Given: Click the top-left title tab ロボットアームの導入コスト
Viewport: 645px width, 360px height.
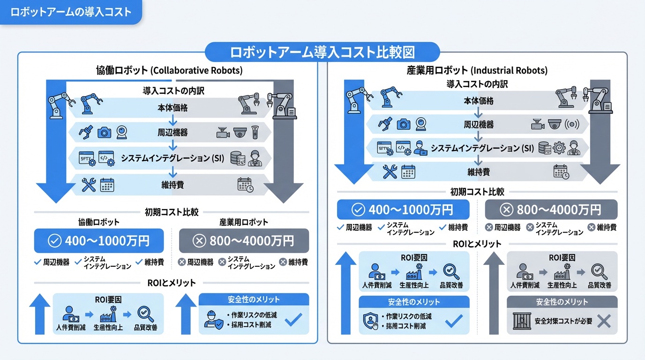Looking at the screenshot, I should pos(70,12).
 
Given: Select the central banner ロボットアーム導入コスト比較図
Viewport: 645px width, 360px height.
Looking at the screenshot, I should pos(322,52).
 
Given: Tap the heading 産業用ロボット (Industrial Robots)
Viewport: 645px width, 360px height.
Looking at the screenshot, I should pos(477,71).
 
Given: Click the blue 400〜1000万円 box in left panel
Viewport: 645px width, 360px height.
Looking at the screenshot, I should pos(99,241).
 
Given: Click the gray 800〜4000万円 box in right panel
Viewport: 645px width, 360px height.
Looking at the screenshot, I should pos(551,210).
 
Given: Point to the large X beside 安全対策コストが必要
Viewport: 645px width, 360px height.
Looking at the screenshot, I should pos(604,321).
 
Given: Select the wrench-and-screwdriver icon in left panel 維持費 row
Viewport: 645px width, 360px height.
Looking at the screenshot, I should pos(88,185).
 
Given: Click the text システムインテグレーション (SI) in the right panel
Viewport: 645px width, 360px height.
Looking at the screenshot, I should pos(482,149).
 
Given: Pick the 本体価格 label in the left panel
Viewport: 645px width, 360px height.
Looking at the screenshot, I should pos(172,108).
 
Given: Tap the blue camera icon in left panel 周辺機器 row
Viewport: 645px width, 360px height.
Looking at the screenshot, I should pos(104,133).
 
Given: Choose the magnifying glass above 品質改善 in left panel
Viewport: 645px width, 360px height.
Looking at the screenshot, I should pos(145,314).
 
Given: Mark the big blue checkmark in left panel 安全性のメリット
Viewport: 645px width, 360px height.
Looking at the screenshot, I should pos(293,320).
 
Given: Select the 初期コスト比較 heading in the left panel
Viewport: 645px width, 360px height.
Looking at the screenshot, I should pos(171,212).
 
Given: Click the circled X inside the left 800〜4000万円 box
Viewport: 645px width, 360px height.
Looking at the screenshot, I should pos(200,241).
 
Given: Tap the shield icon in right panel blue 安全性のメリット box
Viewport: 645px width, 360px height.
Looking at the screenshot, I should pos(370,321).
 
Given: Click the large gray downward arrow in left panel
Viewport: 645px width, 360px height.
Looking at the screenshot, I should pos(283,141).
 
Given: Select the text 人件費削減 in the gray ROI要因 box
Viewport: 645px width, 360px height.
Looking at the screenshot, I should pos(525,285).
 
